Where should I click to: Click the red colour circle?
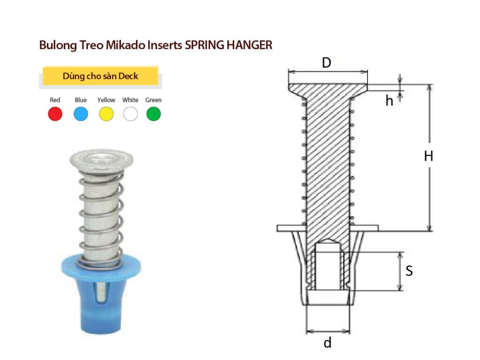pyautogui.click(x=55, y=114)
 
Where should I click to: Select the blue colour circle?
pyautogui.click(x=81, y=114)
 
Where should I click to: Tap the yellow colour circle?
pyautogui.click(x=106, y=114)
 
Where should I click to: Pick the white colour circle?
pyautogui.click(x=130, y=114)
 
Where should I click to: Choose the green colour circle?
pyautogui.click(x=154, y=114)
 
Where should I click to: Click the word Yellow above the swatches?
pyautogui.click(x=106, y=100)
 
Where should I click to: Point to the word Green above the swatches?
pyautogui.click(x=153, y=100)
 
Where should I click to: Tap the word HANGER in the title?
pyautogui.click(x=249, y=45)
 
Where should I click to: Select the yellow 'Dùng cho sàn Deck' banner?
pyautogui.click(x=100, y=76)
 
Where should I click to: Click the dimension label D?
pyautogui.click(x=327, y=63)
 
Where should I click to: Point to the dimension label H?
pyautogui.click(x=428, y=157)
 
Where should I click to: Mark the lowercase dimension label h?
pyautogui.click(x=389, y=101)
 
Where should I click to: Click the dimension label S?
pyautogui.click(x=409, y=271)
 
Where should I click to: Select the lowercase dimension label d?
pyautogui.click(x=327, y=343)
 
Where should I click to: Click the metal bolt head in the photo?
pyautogui.click(x=101, y=160)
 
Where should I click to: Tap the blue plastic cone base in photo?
pyautogui.click(x=101, y=300)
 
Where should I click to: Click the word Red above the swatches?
pyautogui.click(x=55, y=100)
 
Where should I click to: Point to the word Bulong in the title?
pyautogui.click(x=55, y=45)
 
